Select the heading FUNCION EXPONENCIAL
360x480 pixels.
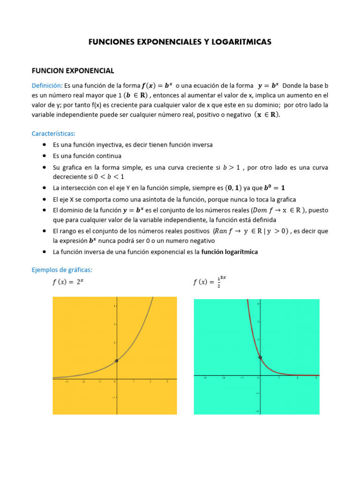click(x=73, y=71)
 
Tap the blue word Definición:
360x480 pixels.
click(x=47, y=85)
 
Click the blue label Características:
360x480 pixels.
click(x=53, y=133)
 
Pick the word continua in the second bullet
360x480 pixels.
click(x=109, y=156)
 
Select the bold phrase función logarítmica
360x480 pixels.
click(x=230, y=252)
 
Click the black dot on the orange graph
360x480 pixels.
click(x=116, y=360)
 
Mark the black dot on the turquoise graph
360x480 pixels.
click(x=260, y=358)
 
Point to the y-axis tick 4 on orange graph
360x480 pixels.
click(x=114, y=306)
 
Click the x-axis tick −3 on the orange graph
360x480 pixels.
click(x=67, y=382)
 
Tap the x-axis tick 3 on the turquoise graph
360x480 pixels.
click(x=315, y=378)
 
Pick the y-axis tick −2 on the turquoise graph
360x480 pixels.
click(x=257, y=411)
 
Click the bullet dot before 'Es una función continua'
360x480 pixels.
click(x=44, y=156)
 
